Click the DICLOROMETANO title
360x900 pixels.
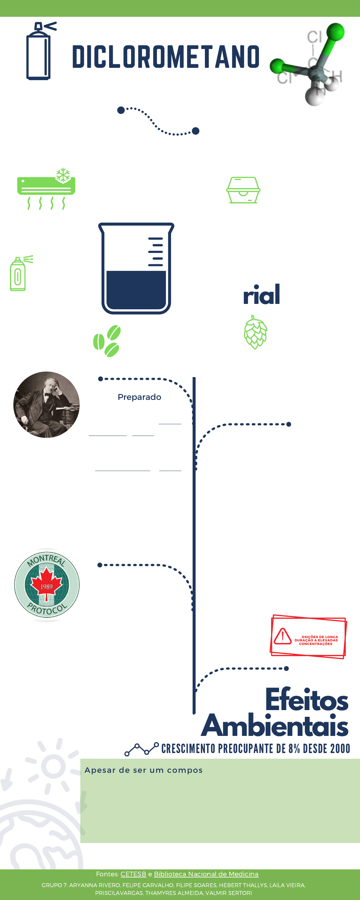[166, 57]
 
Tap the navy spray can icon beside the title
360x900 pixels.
[39, 52]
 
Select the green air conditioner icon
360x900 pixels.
[46, 188]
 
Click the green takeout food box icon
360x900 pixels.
[243, 190]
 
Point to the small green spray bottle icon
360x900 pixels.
[19, 274]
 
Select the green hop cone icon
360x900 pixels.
[256, 332]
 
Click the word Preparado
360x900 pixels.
[139, 397]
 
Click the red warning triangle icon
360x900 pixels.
[282, 636]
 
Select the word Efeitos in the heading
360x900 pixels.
[307, 700]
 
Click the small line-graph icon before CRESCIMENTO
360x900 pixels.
[142, 749]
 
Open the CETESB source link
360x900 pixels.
[133, 874]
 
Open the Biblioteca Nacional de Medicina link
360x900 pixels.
[206, 874]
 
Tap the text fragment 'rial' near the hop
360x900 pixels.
[261, 295]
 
